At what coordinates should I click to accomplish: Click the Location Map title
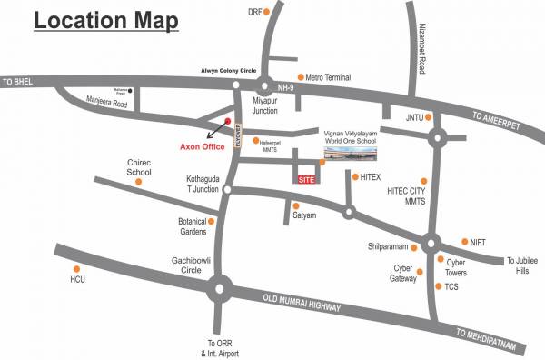(x=105, y=20)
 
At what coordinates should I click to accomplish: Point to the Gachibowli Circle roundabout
(x=219, y=291)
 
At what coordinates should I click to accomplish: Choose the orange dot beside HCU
(x=77, y=268)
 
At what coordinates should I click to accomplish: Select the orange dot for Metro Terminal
(x=301, y=77)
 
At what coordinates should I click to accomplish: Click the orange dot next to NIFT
(x=463, y=242)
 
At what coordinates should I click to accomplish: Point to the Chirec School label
(x=139, y=166)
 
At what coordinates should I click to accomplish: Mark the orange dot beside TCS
(x=439, y=286)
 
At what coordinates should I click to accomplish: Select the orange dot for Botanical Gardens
(x=212, y=221)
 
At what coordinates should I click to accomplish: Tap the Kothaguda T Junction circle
(x=227, y=190)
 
